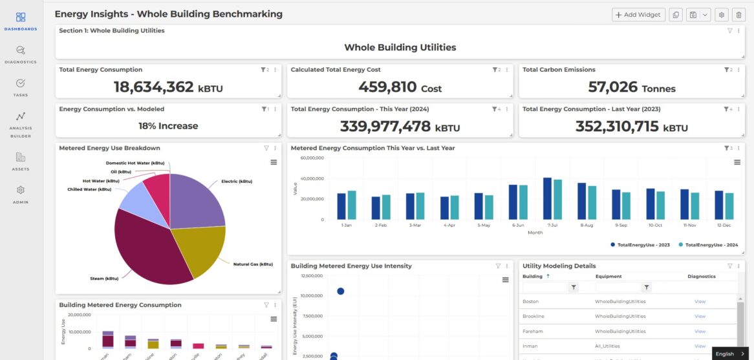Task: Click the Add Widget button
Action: (638, 15)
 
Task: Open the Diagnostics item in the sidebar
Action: (21, 54)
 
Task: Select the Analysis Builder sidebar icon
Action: (21, 121)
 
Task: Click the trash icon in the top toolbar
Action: (738, 15)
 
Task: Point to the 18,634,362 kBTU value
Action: (168, 87)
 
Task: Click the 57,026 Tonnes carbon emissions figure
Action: (631, 87)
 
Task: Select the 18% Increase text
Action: (168, 126)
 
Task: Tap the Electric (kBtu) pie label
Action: (236, 182)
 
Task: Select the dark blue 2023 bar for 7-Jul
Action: (547, 198)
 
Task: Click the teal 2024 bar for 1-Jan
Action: (352, 205)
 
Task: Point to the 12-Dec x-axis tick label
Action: (724, 225)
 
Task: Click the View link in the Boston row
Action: (700, 302)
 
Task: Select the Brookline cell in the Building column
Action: (533, 317)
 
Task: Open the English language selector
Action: (729, 354)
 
